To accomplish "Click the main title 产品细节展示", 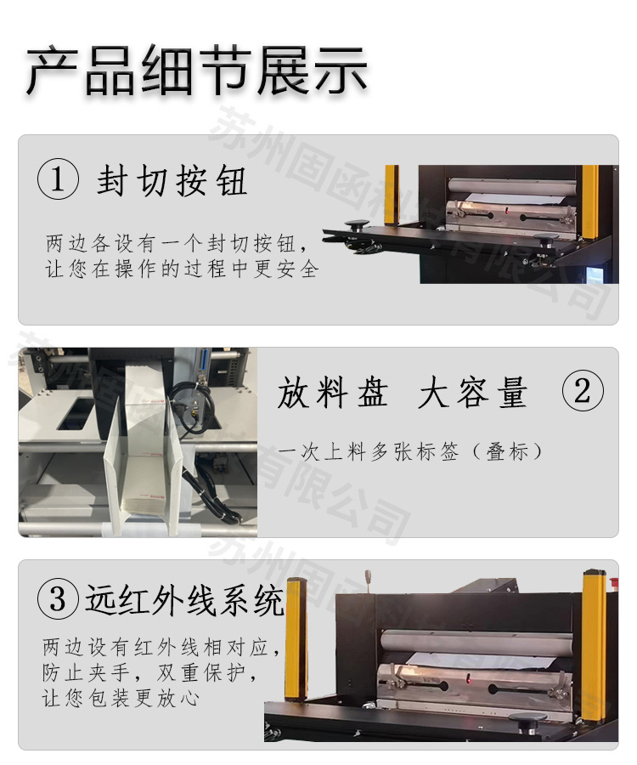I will (196, 70).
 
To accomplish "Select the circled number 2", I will (583, 392).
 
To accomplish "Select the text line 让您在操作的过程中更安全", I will (182, 270).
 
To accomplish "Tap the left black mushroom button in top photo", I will (355, 225).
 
